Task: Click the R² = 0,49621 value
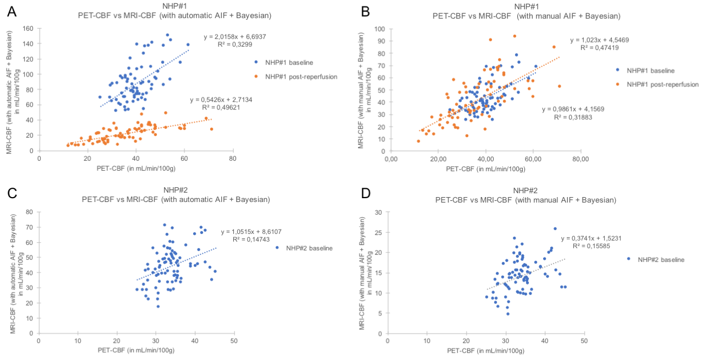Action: (x=217, y=108)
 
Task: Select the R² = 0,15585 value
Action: (x=588, y=246)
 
